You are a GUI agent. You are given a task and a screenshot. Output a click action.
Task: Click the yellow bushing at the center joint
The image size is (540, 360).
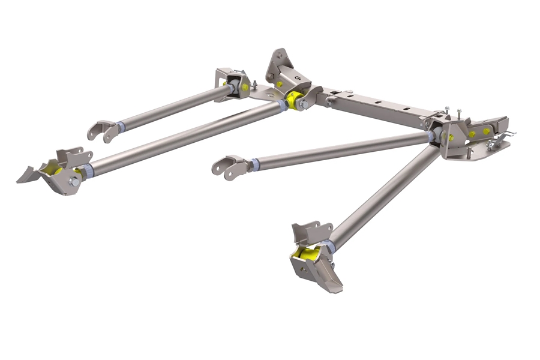[294, 99]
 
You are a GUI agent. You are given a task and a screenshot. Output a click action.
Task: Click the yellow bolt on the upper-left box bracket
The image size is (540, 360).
[245, 87]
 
